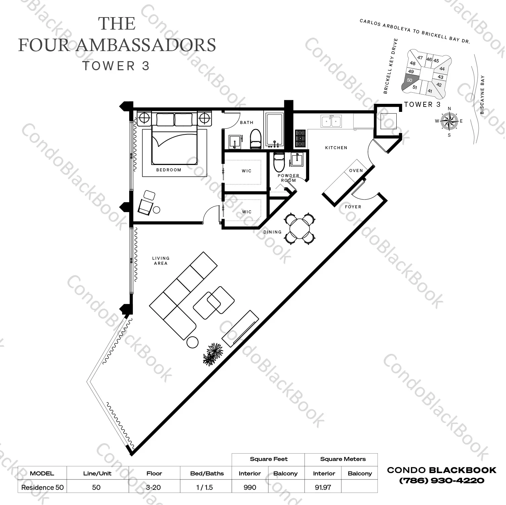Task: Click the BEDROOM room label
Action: [169, 170]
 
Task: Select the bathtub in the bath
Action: [275, 130]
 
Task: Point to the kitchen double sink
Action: [331, 121]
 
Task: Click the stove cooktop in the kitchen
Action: [300, 138]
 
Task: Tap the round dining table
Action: [300, 229]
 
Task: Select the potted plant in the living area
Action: [213, 354]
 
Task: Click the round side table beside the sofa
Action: [192, 342]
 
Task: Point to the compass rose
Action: [449, 121]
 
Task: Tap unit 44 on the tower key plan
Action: [442, 69]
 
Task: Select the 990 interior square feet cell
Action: [250, 487]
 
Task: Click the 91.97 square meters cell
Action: [323, 487]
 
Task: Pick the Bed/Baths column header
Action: [207, 473]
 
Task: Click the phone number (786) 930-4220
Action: [441, 480]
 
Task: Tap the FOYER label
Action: [353, 207]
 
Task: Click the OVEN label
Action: [356, 171]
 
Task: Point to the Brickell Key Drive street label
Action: [391, 66]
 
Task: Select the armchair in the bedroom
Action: [146, 203]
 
